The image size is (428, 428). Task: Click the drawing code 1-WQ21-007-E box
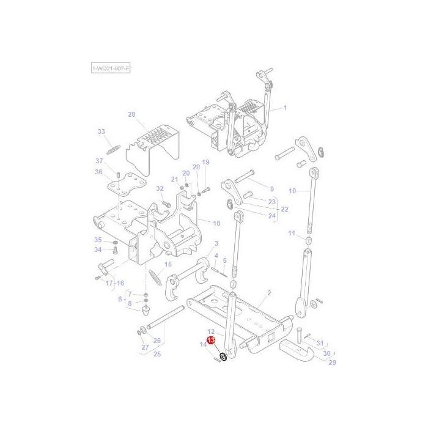click(111, 68)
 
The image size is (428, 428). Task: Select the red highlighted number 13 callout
click(211, 340)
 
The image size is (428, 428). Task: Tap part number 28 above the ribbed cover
click(131, 114)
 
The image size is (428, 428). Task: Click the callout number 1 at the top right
click(284, 108)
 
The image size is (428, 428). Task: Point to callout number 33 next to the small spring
click(101, 131)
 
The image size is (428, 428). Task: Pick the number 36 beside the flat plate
click(98, 172)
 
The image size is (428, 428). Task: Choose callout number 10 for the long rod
click(292, 191)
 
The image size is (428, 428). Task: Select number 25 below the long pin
click(157, 353)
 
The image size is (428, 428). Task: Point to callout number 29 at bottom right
click(333, 363)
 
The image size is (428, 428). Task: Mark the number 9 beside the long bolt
click(271, 189)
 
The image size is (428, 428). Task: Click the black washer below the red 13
click(223, 356)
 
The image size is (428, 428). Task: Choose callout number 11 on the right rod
click(292, 234)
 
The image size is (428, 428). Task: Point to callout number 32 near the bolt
click(160, 188)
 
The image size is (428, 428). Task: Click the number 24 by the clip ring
click(272, 216)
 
